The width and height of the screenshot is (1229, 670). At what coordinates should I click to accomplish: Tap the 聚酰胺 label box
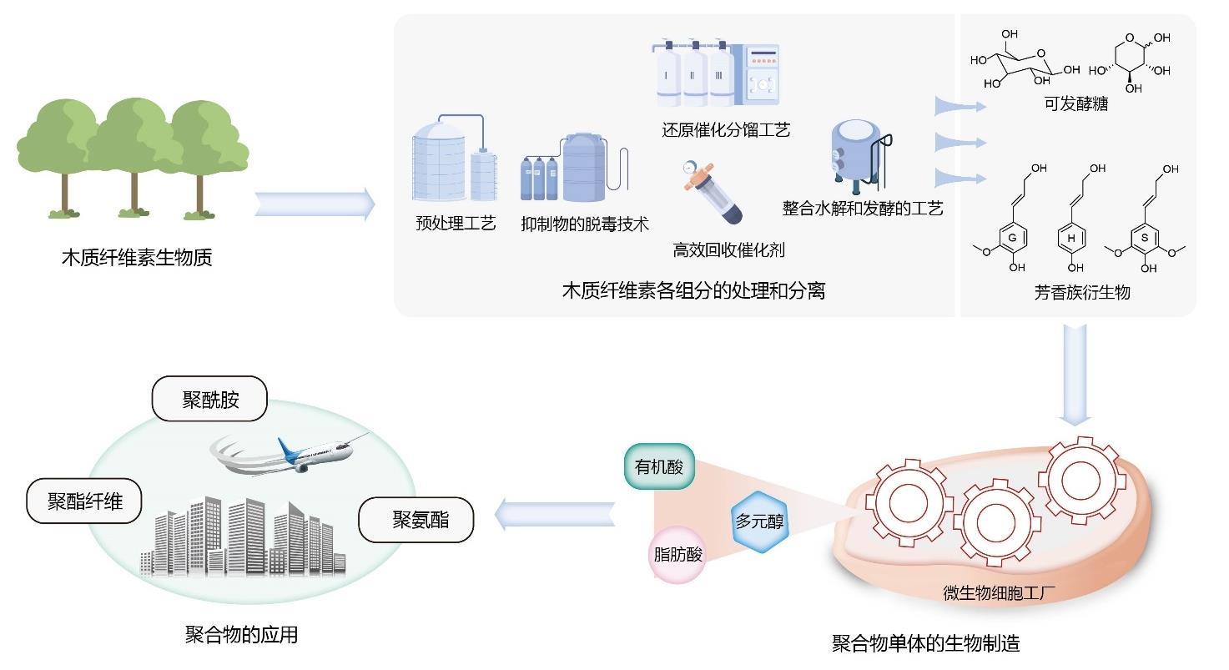click(209, 400)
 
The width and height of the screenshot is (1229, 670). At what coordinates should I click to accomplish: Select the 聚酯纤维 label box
click(84, 501)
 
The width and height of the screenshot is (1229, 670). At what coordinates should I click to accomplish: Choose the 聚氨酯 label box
click(416, 520)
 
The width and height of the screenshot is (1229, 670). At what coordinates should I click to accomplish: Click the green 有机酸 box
click(659, 466)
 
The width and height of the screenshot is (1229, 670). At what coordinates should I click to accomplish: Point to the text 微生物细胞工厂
click(1000, 593)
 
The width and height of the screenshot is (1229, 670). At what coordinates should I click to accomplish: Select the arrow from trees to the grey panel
click(315, 204)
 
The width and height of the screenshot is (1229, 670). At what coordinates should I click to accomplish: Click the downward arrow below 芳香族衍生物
click(1074, 373)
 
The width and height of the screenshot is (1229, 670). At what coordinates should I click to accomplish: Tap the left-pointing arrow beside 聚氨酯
click(555, 515)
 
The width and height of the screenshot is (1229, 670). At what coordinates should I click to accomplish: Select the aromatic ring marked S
click(1145, 238)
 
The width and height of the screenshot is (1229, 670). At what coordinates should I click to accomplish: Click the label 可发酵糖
click(1075, 104)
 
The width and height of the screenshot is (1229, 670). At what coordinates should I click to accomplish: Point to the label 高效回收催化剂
click(728, 249)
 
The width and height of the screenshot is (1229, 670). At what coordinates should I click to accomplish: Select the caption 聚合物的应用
click(241, 635)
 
